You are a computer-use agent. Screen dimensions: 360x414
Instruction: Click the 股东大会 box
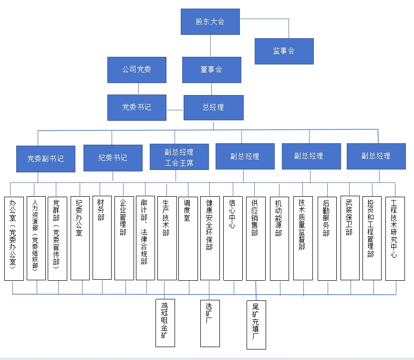[x=210, y=22]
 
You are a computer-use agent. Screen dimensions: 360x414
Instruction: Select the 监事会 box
[x=284, y=51]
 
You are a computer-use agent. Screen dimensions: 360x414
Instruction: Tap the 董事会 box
[x=211, y=70]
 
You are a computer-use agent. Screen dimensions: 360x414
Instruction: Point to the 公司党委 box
[x=137, y=70]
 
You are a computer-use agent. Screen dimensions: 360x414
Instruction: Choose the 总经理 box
[x=213, y=107]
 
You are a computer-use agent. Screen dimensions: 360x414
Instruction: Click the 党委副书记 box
[x=45, y=159]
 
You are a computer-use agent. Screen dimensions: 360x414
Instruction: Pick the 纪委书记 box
[x=113, y=158]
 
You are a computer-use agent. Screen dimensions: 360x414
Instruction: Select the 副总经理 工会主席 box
[x=179, y=158]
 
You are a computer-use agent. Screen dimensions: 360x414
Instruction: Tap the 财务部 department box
[x=102, y=237]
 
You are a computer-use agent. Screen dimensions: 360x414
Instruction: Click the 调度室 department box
[x=188, y=238]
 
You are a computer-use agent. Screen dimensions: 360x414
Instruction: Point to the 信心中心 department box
[x=232, y=238]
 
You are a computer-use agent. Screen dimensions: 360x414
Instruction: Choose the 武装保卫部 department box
[x=350, y=238]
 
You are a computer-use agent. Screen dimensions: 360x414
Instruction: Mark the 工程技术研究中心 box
[x=394, y=238]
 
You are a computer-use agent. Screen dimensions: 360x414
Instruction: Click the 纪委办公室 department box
[x=80, y=238]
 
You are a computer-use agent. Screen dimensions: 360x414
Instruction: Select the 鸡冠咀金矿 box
[x=165, y=323]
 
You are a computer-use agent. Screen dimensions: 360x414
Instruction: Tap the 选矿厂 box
[x=210, y=323]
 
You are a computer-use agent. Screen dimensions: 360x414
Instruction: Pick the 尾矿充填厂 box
[x=256, y=325]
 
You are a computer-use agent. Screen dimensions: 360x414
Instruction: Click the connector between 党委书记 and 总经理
[x=175, y=110]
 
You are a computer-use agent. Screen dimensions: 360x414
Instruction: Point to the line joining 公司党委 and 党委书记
[x=138, y=89]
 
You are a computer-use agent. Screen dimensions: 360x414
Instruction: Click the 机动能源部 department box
[x=279, y=238]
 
